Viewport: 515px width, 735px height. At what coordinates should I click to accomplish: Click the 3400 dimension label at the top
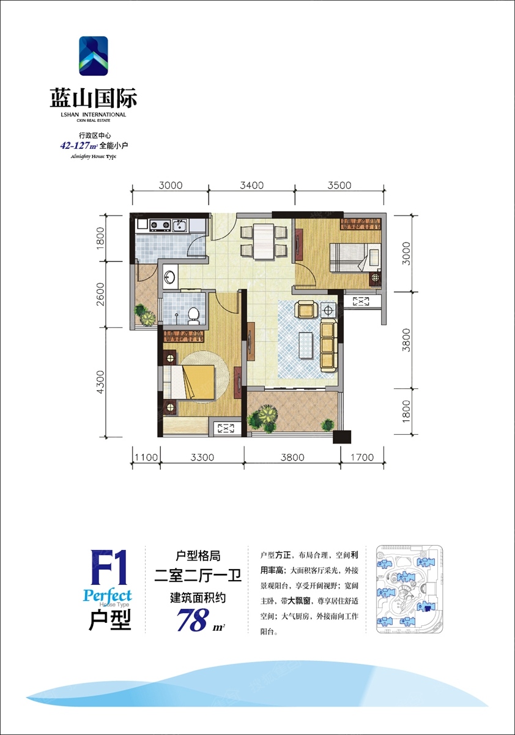click(251, 186)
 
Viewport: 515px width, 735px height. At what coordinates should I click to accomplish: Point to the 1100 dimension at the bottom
click(146, 457)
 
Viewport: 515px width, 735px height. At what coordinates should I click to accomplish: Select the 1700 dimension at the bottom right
click(362, 457)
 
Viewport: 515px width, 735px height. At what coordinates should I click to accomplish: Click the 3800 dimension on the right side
click(406, 340)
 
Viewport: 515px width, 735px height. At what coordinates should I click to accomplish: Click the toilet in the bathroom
click(193, 316)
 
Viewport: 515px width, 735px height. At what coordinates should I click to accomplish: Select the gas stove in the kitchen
click(160, 225)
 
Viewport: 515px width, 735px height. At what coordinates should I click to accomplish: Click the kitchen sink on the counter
click(180, 225)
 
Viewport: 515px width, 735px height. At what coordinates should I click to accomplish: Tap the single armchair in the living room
click(306, 309)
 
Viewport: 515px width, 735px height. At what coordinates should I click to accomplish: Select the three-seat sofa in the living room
click(328, 347)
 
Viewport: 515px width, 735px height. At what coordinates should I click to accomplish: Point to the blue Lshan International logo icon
click(94, 56)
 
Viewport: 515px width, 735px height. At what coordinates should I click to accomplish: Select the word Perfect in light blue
click(107, 595)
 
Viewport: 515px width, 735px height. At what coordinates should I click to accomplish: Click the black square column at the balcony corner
click(342, 437)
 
